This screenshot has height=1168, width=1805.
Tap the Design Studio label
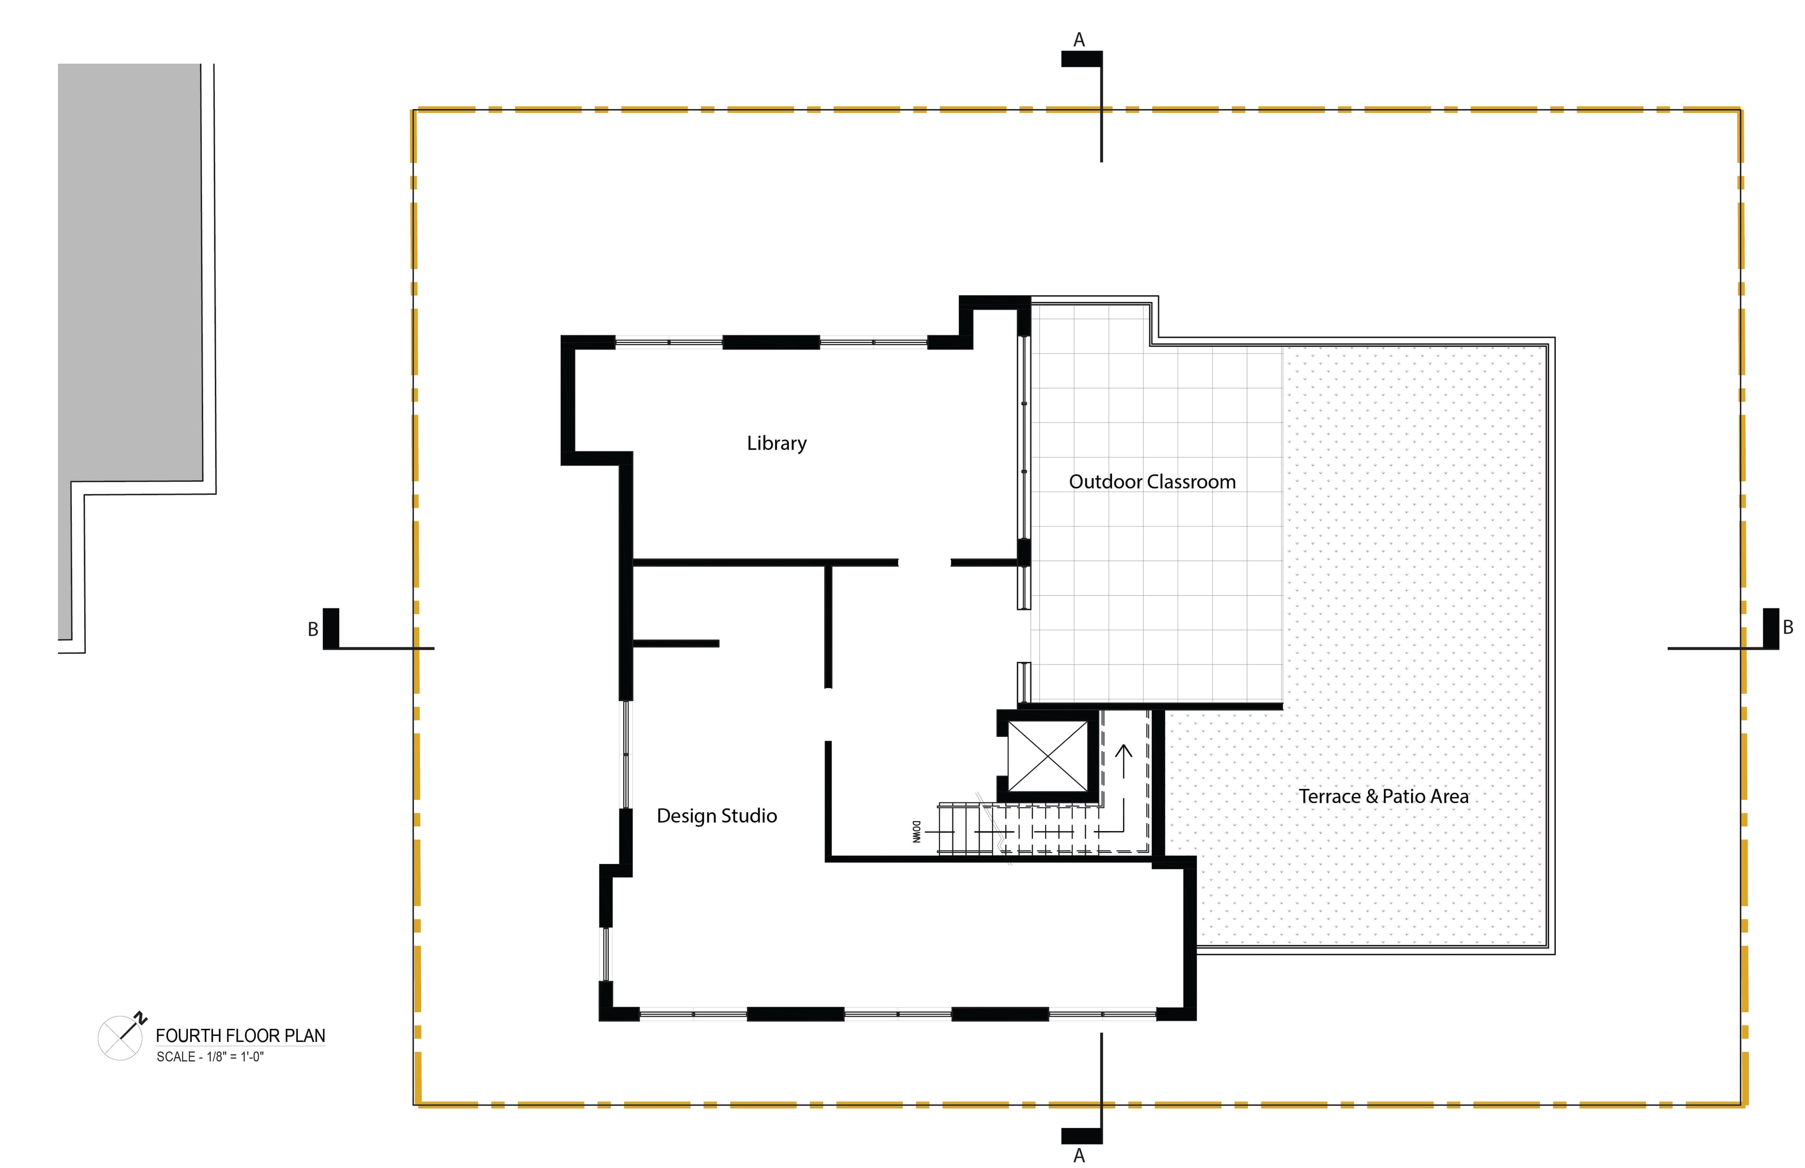[717, 816]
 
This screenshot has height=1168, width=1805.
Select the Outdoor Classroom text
[1152, 482]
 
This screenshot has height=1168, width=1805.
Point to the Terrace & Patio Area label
[1383, 796]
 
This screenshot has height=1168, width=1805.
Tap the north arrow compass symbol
[121, 1037]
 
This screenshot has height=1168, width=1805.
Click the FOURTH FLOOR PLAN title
[240, 1035]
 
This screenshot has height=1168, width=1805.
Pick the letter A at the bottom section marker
[1079, 1155]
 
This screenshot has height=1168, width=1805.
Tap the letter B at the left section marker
[313, 629]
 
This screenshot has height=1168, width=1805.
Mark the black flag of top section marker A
[1082, 59]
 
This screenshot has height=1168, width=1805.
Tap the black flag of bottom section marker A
[1082, 1136]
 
